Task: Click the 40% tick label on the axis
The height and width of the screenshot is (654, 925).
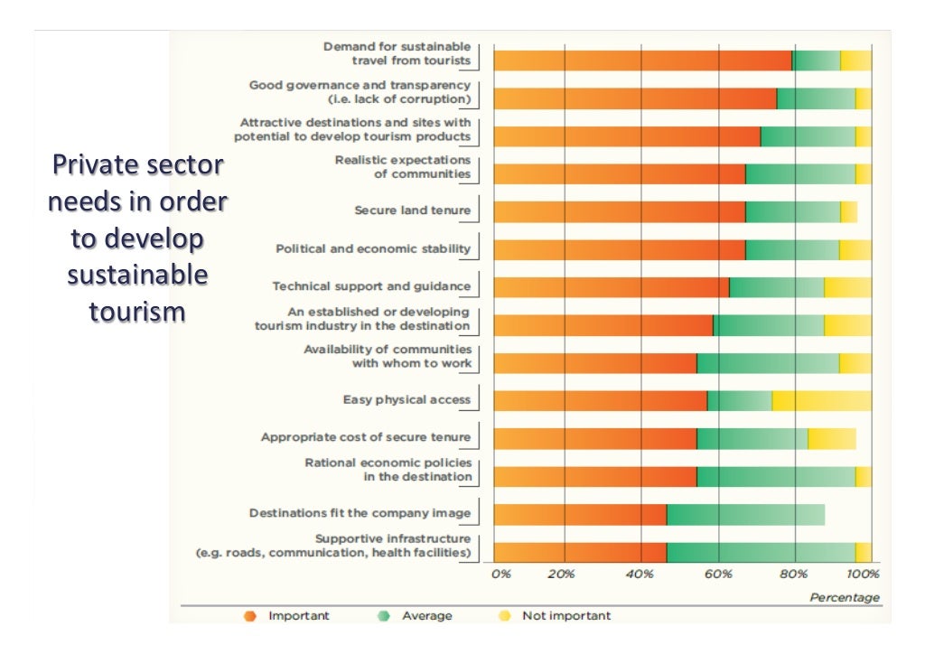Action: (x=639, y=573)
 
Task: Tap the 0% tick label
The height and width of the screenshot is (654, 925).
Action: (x=500, y=573)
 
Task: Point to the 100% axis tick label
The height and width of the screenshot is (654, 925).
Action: (x=864, y=573)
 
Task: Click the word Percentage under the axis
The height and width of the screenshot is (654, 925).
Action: (x=844, y=597)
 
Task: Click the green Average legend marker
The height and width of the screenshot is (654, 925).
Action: (x=384, y=616)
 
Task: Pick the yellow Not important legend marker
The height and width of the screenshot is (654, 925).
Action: (x=504, y=616)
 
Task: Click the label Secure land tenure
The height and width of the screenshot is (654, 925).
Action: (x=412, y=210)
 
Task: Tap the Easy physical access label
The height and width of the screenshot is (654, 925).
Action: (x=406, y=399)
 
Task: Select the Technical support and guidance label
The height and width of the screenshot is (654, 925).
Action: (x=371, y=286)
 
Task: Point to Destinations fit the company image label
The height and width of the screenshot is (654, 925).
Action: (x=360, y=513)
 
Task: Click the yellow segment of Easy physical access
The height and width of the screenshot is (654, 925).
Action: (x=821, y=400)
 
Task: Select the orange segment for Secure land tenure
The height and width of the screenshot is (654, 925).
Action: (x=620, y=211)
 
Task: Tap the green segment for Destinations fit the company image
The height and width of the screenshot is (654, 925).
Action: (x=745, y=514)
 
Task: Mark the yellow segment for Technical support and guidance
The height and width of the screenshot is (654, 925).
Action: (x=847, y=287)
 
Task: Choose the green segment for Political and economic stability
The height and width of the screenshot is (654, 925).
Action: (x=792, y=249)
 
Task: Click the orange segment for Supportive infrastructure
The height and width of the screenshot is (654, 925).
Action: (x=580, y=552)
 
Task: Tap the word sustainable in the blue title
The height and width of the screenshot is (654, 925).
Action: (x=137, y=274)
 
